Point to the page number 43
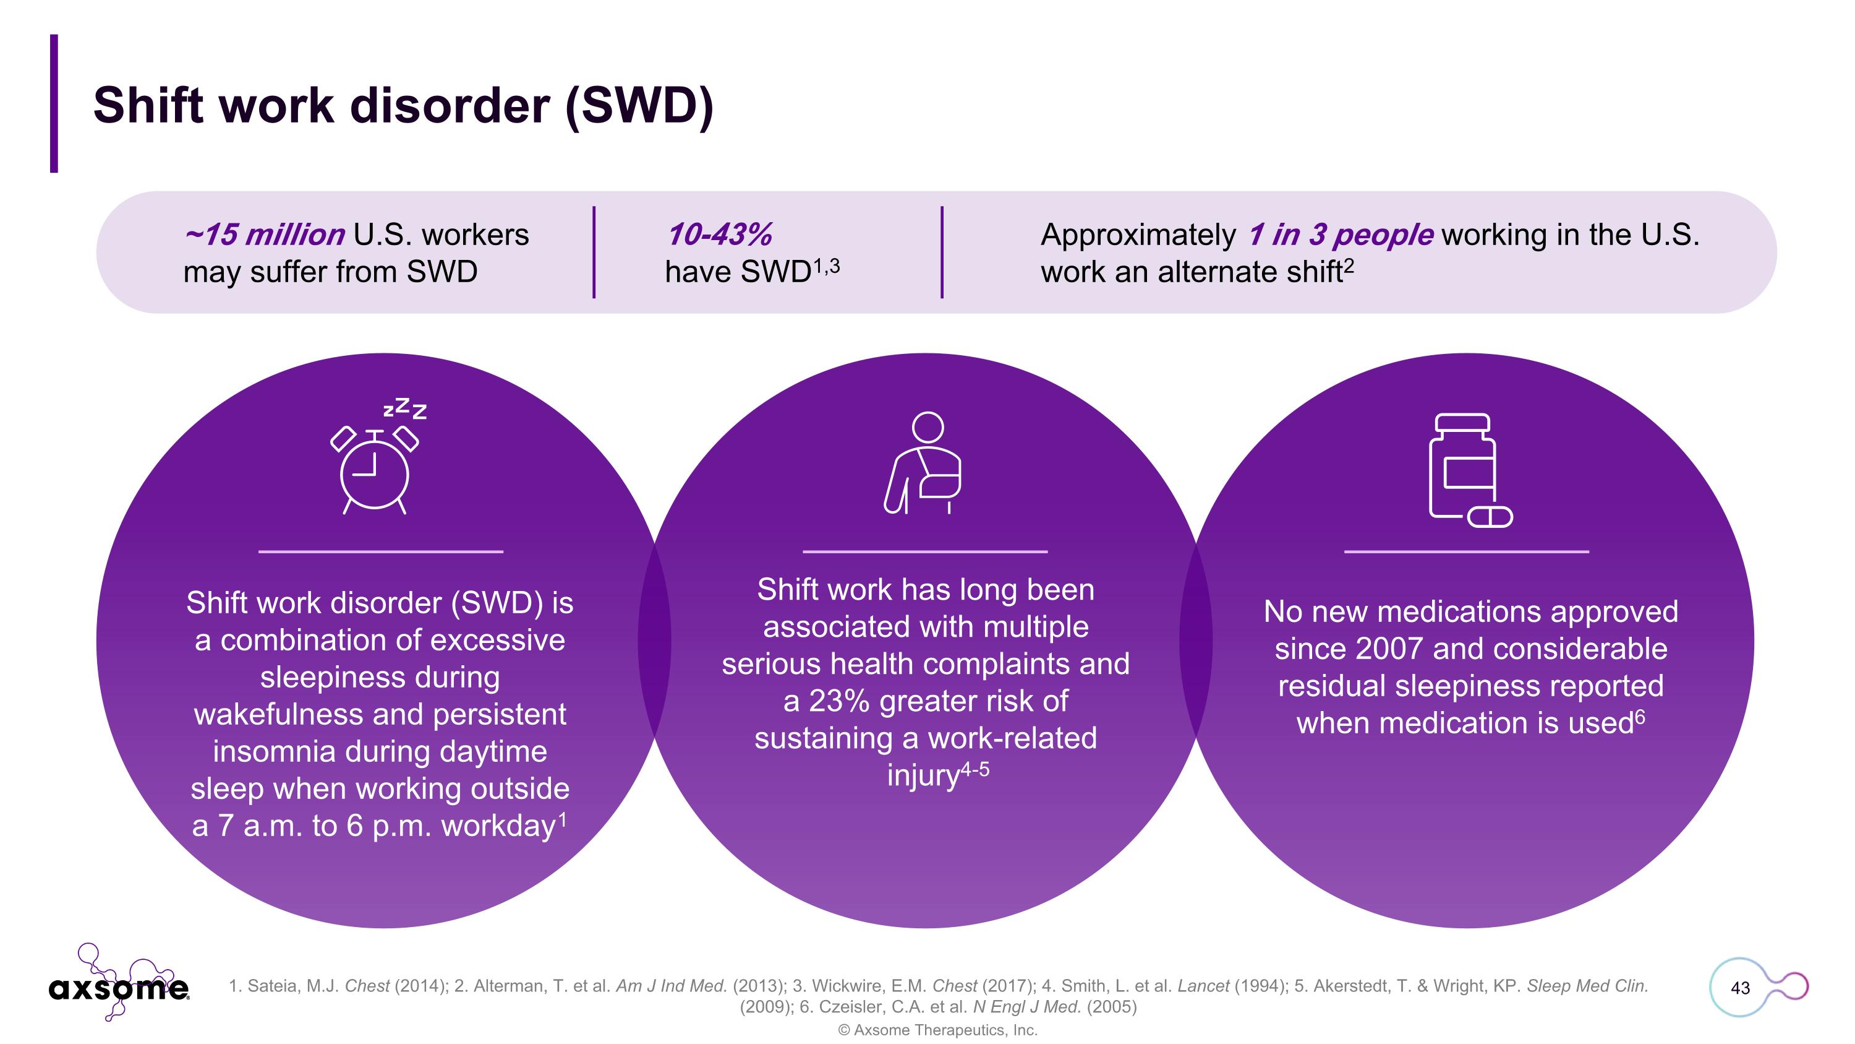1740,988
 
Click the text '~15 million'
264,235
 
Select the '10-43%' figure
719,235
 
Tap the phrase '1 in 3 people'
1340,235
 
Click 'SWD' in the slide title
639,105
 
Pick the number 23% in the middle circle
838,701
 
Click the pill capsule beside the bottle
1490,517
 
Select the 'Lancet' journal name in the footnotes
1203,986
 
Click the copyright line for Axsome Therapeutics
937,1030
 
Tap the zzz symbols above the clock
405,408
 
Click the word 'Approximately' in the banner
1138,235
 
